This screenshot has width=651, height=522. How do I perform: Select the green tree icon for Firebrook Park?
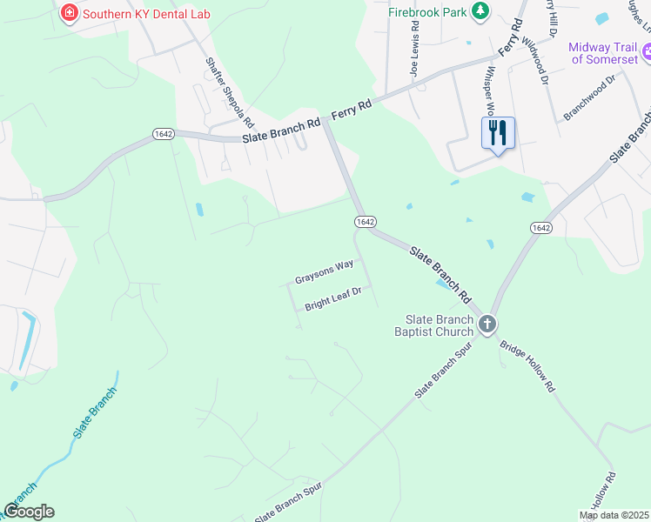point(480,10)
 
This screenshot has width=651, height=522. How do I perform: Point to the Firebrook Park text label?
point(426,12)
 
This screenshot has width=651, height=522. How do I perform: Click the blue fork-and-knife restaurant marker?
point(498,133)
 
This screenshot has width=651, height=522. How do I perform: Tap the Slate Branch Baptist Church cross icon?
point(487,325)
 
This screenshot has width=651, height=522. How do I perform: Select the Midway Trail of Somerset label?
point(601,53)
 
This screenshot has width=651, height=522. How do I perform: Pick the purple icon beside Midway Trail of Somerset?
point(645,53)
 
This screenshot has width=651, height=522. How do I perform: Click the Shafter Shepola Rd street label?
point(229,94)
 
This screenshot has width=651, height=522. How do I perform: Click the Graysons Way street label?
point(324,272)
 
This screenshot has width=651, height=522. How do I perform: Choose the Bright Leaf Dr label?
point(332,301)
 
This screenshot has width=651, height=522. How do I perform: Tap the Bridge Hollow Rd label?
point(527,365)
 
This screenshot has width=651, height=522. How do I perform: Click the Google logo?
point(30,512)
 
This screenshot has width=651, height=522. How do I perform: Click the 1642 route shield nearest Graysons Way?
point(364,222)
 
